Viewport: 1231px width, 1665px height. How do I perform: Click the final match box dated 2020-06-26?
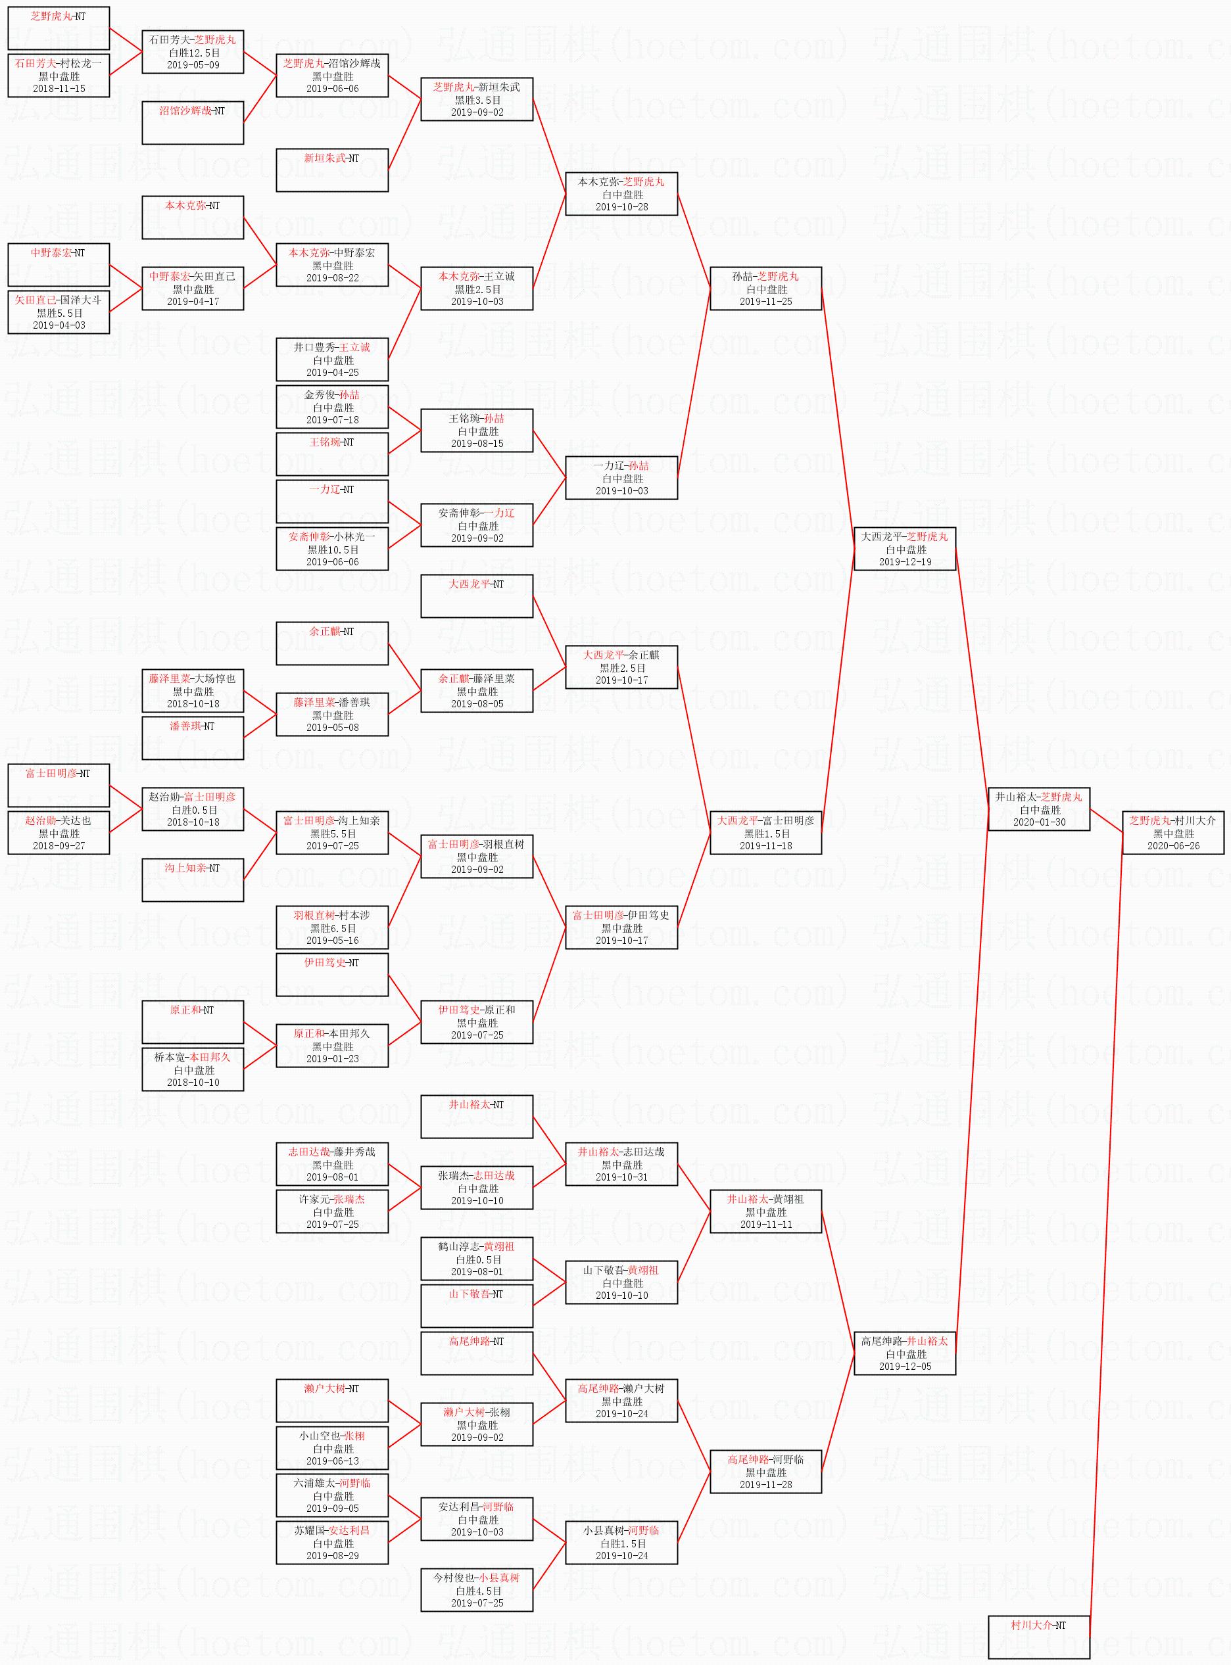1173,833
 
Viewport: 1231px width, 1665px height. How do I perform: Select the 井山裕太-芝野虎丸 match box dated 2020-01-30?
1039,809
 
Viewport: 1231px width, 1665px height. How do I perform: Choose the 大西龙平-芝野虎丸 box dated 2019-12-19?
905,549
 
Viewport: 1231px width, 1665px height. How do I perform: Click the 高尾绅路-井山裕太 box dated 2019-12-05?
905,1353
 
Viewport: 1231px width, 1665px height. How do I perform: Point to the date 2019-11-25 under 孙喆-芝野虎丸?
766,302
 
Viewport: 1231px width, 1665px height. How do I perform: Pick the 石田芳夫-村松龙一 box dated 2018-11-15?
59,76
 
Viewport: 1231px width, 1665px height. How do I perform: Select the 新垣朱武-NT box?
332,170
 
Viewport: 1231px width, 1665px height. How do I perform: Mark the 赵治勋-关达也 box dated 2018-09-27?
59,833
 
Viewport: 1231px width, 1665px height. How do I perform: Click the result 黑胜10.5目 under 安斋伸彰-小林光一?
332,549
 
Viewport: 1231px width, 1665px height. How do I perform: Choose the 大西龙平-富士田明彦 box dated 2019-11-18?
766,833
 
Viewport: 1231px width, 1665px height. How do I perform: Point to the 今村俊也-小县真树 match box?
477,1590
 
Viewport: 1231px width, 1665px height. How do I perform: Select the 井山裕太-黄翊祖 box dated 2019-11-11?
766,1211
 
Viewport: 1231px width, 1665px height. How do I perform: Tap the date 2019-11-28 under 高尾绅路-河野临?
766,1485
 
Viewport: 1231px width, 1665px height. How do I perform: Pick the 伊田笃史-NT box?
332,974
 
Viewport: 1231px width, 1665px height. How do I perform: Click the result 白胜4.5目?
477,1591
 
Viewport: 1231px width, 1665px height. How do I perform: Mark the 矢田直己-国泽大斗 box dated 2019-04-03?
59,312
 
